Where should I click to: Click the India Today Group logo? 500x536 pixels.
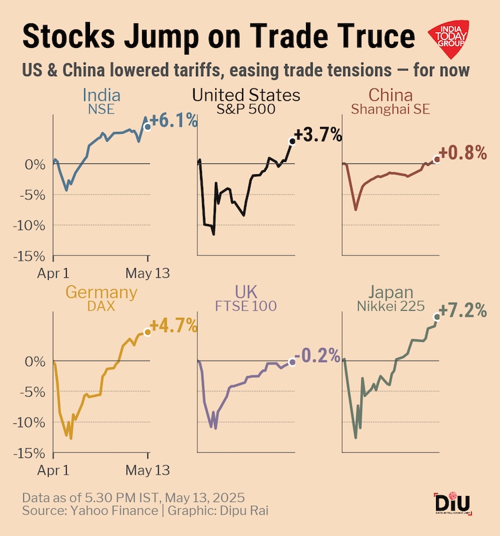point(451,40)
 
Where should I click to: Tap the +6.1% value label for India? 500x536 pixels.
point(174,121)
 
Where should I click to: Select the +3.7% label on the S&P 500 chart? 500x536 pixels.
point(318,135)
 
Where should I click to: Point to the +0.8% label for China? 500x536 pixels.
point(464,153)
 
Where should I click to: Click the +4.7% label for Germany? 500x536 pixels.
point(174,326)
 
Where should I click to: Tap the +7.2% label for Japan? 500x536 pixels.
point(464,311)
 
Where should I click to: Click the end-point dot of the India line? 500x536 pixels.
point(147,126)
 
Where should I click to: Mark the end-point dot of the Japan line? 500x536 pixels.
point(437,316)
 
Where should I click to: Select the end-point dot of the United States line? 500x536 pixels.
point(292,141)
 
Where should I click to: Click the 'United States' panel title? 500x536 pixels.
point(246,95)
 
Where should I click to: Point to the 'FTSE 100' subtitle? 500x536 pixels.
point(246,306)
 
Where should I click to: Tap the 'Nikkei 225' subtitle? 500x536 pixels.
point(391,306)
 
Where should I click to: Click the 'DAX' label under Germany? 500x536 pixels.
point(101,306)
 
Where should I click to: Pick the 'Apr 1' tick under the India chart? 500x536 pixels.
point(53,273)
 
